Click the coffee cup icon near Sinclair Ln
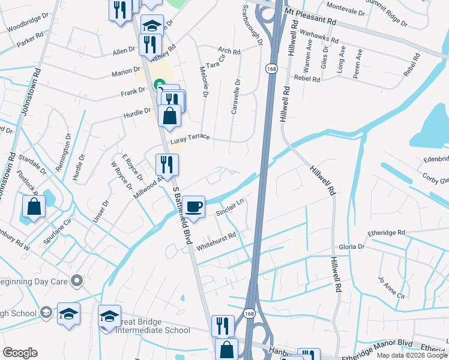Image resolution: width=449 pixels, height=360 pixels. click(x=194, y=207)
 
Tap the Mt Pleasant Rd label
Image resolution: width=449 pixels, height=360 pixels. click(x=310, y=16)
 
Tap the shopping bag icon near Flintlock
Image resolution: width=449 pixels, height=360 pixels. click(x=34, y=206)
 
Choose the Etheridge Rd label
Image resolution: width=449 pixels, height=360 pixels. click(x=387, y=232)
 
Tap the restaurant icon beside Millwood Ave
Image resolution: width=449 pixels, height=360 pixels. click(x=166, y=164)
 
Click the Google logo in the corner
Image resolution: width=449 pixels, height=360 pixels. click(x=20, y=353)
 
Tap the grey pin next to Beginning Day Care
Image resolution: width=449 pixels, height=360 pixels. click(x=76, y=280)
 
